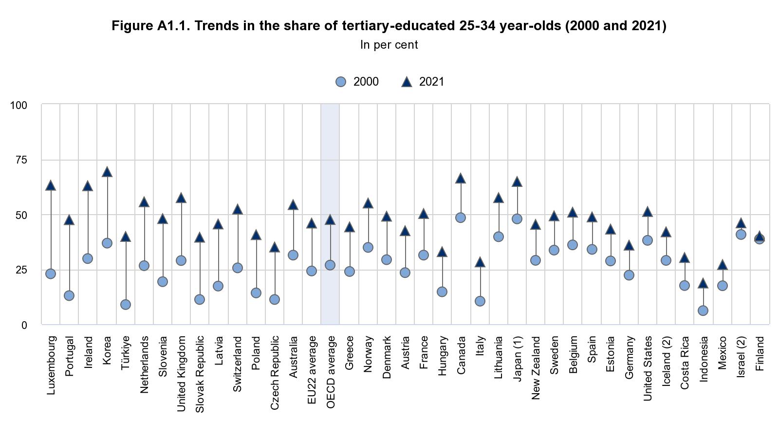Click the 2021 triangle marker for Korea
107,172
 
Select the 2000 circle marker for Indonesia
703,310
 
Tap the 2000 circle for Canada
461,218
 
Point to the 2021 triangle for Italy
480,263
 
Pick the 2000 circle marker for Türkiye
126,305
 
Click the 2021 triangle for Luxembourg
51,186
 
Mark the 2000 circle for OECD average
330,265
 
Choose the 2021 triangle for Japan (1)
517,182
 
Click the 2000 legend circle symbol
341,82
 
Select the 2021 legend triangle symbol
407,82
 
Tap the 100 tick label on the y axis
19,105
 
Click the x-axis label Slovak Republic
200,374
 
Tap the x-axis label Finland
760,353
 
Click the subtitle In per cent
389,45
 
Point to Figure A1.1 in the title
151,25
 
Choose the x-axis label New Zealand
536,367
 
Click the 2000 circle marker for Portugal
69,296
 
